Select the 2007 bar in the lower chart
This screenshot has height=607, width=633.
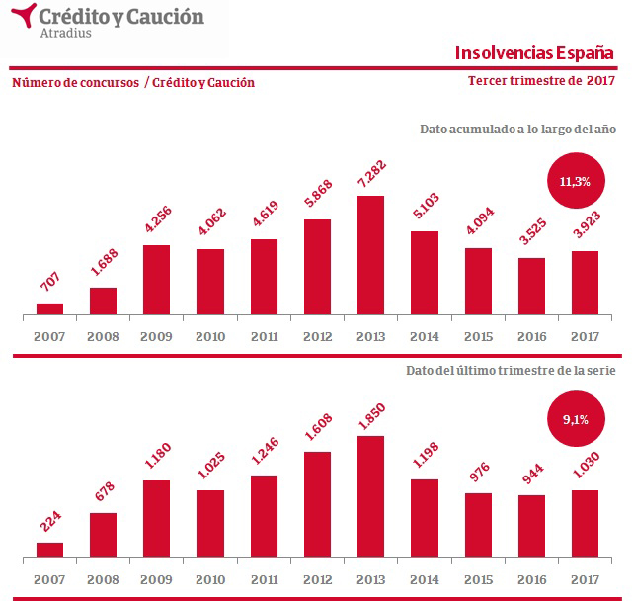[x=49, y=550]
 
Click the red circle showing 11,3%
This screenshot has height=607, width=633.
[x=574, y=181]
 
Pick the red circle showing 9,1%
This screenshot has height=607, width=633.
[x=574, y=419]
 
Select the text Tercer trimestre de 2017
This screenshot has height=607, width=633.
[x=541, y=81]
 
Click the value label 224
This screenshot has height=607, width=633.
[x=51, y=524]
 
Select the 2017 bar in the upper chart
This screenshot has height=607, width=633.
[x=585, y=284]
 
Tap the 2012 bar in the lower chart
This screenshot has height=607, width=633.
[x=316, y=504]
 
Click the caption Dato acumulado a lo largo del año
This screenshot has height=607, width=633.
[x=517, y=130]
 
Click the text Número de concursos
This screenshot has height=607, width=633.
[x=75, y=83]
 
